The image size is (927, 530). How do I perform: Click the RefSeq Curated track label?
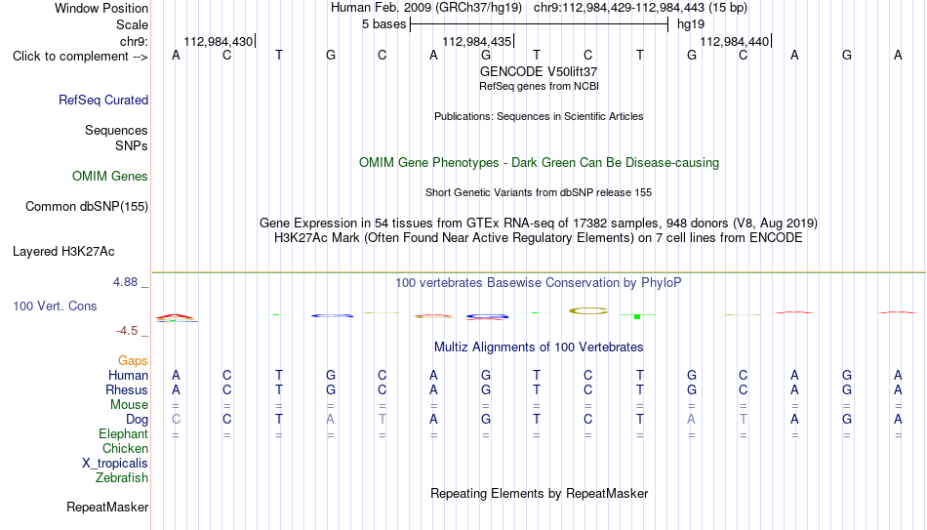coord(103,100)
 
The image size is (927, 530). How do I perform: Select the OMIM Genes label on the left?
coord(110,177)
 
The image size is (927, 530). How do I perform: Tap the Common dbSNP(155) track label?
coord(87,207)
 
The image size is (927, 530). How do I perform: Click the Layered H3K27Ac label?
coord(63,252)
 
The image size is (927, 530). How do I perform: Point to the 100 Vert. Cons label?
coord(55,306)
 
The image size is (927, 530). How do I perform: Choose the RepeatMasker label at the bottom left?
coord(107,507)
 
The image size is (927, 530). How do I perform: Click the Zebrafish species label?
coord(122,477)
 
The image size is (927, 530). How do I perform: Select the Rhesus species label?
coord(127,389)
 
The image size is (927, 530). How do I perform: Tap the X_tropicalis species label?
coord(115,464)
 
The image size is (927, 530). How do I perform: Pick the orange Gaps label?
coord(133,361)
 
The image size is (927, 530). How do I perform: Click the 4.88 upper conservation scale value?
coord(125,282)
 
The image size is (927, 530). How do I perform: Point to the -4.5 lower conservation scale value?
coord(127,331)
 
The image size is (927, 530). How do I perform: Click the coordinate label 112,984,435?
coord(476,41)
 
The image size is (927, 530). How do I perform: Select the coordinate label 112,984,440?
coord(734,41)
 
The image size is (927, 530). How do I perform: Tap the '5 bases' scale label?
coord(384,24)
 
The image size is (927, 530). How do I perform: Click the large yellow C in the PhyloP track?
coord(588,310)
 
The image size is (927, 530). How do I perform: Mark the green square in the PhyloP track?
coord(637,317)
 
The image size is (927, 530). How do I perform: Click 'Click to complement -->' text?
coord(80,57)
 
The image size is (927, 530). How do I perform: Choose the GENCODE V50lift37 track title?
coord(539,71)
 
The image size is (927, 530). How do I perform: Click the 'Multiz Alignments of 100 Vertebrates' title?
coord(539,347)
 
